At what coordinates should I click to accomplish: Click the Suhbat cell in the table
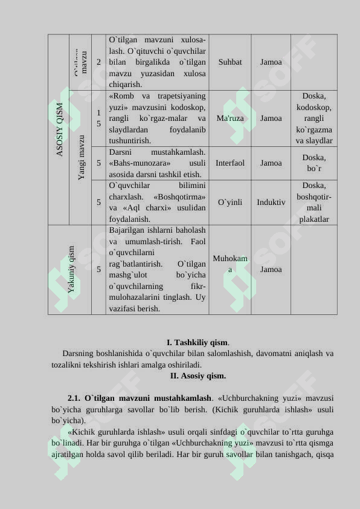click(230, 62)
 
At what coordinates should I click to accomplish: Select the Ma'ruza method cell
click(230, 118)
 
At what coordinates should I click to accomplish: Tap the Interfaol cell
click(230, 163)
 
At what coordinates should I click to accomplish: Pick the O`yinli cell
click(230, 203)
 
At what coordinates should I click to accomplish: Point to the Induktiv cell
click(271, 203)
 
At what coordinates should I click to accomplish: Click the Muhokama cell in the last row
click(230, 264)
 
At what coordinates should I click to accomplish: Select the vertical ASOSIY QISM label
click(60, 129)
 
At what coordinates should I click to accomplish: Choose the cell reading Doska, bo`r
click(314, 163)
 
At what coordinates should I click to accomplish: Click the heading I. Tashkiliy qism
click(198, 343)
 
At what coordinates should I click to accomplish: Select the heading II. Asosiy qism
click(198, 376)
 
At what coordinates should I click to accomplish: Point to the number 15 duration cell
click(98, 118)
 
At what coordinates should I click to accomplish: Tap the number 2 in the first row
click(98, 62)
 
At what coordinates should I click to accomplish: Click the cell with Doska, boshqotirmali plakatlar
click(314, 203)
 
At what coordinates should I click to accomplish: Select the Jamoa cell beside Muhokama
click(271, 270)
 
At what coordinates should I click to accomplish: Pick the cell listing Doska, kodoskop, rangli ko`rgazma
click(314, 118)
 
